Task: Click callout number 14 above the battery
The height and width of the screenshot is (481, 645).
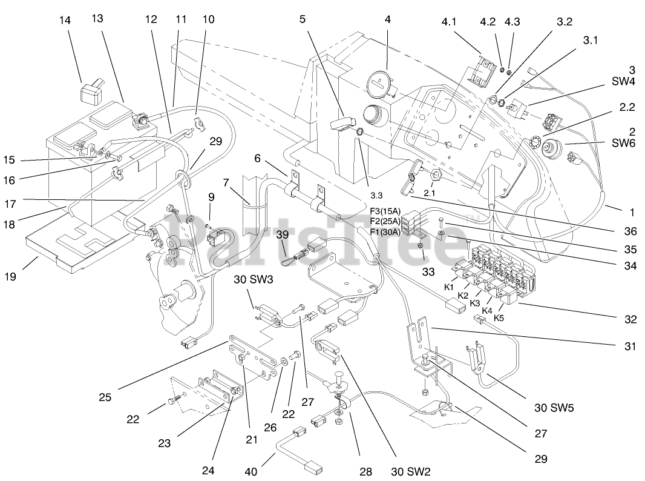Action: (65, 21)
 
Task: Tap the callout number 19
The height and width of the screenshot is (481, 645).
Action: (27, 277)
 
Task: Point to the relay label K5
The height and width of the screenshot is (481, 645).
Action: (500, 317)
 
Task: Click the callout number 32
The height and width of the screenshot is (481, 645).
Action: (631, 319)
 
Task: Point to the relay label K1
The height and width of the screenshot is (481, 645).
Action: (448, 285)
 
